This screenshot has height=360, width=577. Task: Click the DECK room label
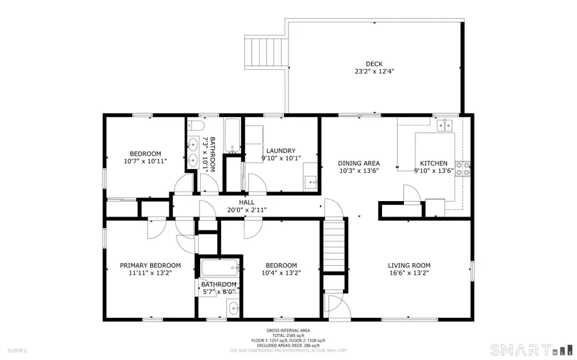(x=374, y=63)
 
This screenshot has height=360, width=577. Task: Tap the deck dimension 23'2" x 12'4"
(x=374, y=72)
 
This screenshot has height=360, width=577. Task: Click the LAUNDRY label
(x=280, y=150)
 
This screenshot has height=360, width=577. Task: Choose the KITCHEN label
(x=433, y=163)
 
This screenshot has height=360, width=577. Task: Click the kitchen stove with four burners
(x=464, y=168)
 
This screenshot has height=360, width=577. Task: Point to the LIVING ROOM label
(x=409, y=265)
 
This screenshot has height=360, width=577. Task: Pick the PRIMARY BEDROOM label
(x=151, y=265)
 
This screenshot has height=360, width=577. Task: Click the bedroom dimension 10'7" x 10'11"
(x=146, y=162)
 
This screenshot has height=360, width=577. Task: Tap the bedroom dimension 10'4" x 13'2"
(x=281, y=273)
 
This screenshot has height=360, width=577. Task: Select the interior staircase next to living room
(x=334, y=245)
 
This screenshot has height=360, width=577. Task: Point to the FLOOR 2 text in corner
(x=17, y=350)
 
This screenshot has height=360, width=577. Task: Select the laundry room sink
(x=311, y=181)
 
